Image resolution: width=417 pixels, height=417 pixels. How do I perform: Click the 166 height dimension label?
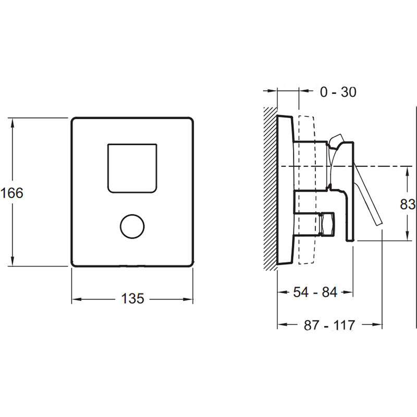(12, 193)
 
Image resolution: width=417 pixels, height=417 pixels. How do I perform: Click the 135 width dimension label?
(132, 298)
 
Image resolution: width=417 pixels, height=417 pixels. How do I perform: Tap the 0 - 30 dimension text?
(338, 92)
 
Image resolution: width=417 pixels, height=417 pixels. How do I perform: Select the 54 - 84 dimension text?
(315, 292)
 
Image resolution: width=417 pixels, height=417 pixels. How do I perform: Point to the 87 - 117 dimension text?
(329, 325)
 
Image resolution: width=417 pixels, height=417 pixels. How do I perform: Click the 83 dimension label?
(408, 204)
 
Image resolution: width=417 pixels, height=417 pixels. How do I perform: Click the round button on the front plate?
(132, 226)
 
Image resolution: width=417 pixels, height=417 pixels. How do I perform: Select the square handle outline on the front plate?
(132, 168)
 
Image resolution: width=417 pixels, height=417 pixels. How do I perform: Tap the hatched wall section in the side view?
(270, 189)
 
